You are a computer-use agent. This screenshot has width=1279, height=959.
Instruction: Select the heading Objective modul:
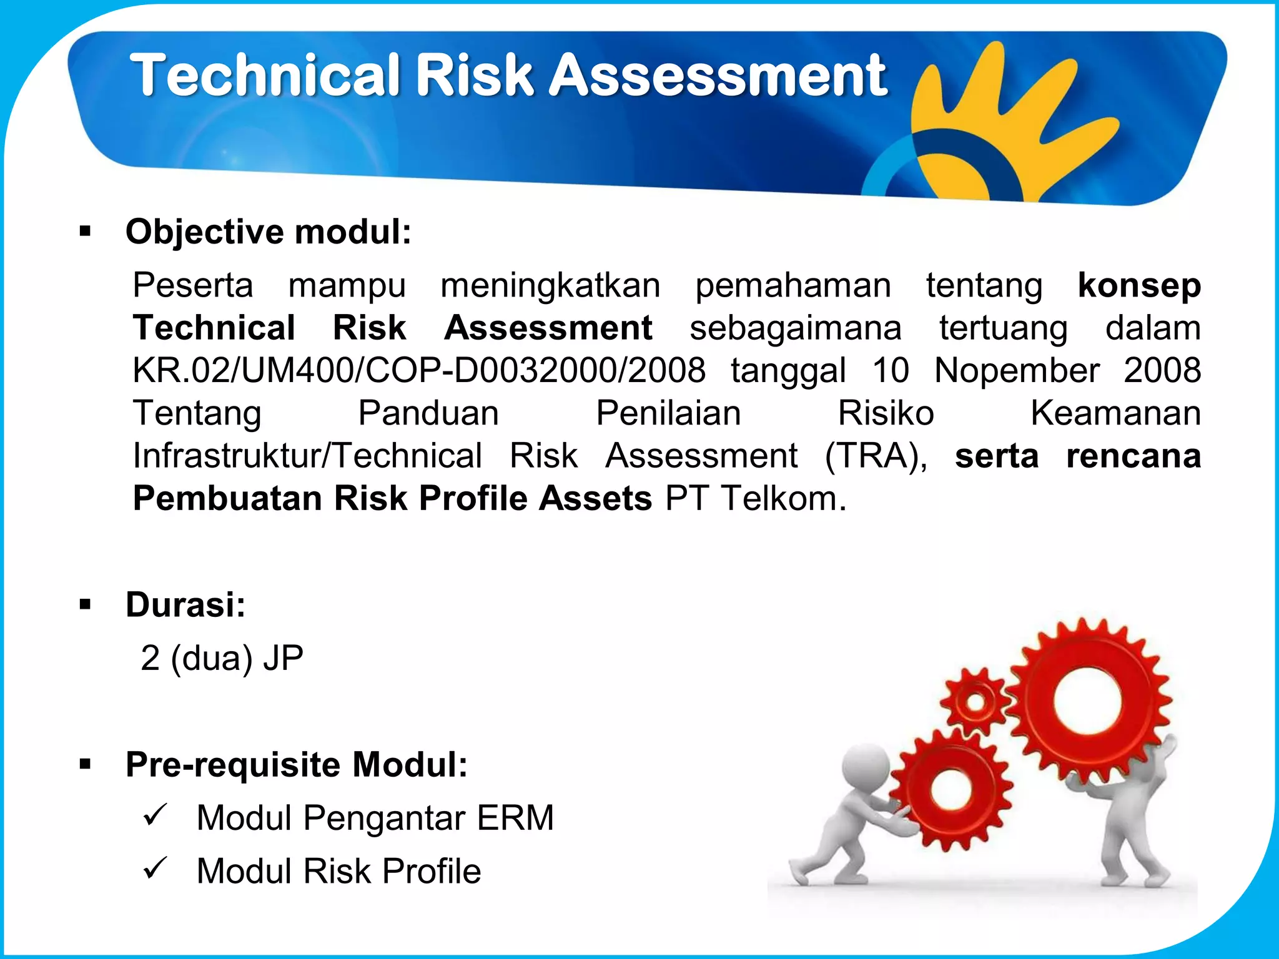pos(269,232)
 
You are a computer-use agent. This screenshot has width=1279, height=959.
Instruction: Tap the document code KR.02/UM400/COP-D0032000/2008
pos(418,370)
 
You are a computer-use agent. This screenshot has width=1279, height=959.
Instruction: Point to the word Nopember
pos(1016,370)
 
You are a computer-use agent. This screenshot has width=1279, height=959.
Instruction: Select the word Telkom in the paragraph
pos(784,498)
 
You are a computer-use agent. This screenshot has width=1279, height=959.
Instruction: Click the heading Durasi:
pos(185,604)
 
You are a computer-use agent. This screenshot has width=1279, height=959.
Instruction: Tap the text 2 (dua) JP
pos(222,658)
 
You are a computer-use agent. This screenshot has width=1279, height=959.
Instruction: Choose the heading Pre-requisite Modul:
pos(297,764)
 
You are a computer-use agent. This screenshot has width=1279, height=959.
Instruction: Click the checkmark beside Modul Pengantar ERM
pos(155,815)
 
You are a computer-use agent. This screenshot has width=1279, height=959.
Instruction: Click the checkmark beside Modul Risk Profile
pos(155,868)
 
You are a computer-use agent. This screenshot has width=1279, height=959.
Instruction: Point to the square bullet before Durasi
pos(86,604)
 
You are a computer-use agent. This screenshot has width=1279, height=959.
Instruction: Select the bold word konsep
pos(1139,285)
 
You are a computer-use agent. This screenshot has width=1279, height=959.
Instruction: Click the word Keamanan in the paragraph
pos(1115,413)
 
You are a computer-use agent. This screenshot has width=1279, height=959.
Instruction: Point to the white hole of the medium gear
pos(951,790)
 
